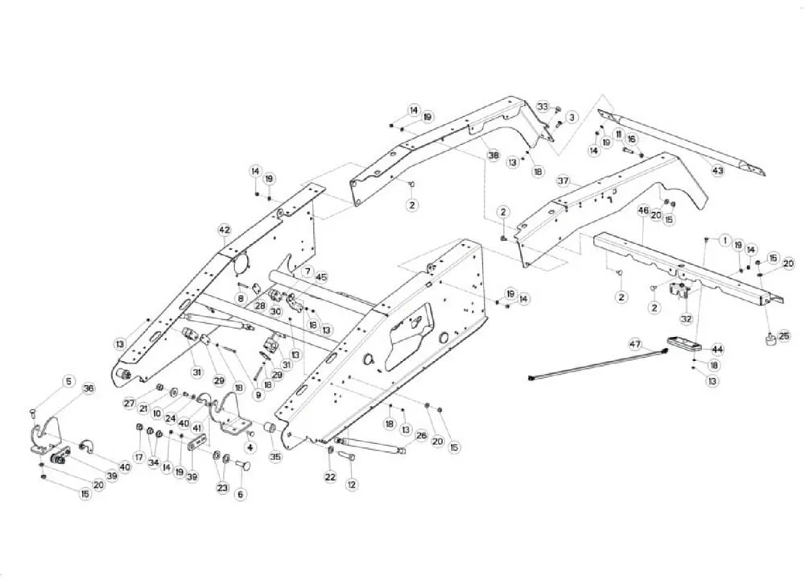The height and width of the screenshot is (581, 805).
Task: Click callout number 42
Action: [225, 230]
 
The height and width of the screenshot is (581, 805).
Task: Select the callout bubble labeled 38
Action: [493, 155]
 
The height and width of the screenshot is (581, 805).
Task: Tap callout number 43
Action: [718, 170]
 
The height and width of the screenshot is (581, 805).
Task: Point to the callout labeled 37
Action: [563, 181]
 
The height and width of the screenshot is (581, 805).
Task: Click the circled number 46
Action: [643, 210]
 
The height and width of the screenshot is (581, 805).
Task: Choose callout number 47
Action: [636, 344]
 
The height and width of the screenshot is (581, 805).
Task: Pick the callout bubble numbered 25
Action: [784, 337]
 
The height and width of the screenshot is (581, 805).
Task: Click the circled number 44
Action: [717, 349]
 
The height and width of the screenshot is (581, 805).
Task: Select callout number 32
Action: [687, 318]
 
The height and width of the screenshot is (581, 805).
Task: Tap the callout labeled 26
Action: [421, 436]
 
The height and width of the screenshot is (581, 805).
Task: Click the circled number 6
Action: [240, 494]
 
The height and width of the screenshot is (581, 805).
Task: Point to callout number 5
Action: [68, 382]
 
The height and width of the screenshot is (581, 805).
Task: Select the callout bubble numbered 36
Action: [89, 388]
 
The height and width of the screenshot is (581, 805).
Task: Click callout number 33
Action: [543, 107]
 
